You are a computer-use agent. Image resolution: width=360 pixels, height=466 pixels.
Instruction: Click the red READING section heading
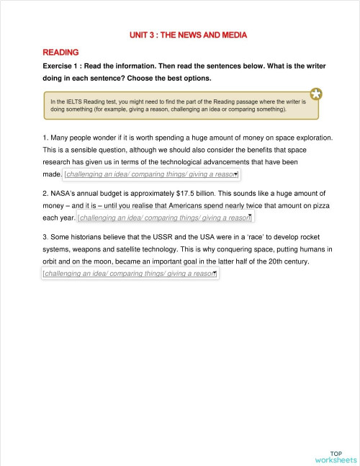pyautogui.click(x=60, y=53)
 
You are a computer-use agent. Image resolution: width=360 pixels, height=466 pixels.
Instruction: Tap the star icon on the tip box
pyautogui.click(x=316, y=94)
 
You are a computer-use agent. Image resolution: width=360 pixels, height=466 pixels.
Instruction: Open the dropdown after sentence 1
pyautogui.click(x=152, y=174)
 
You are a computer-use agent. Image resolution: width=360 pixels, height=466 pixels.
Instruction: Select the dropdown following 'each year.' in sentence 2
pyautogui.click(x=166, y=218)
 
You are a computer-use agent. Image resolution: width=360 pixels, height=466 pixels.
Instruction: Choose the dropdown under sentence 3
pyautogui.click(x=130, y=274)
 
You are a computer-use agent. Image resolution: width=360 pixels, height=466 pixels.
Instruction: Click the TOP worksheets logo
pyautogui.click(x=336, y=456)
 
